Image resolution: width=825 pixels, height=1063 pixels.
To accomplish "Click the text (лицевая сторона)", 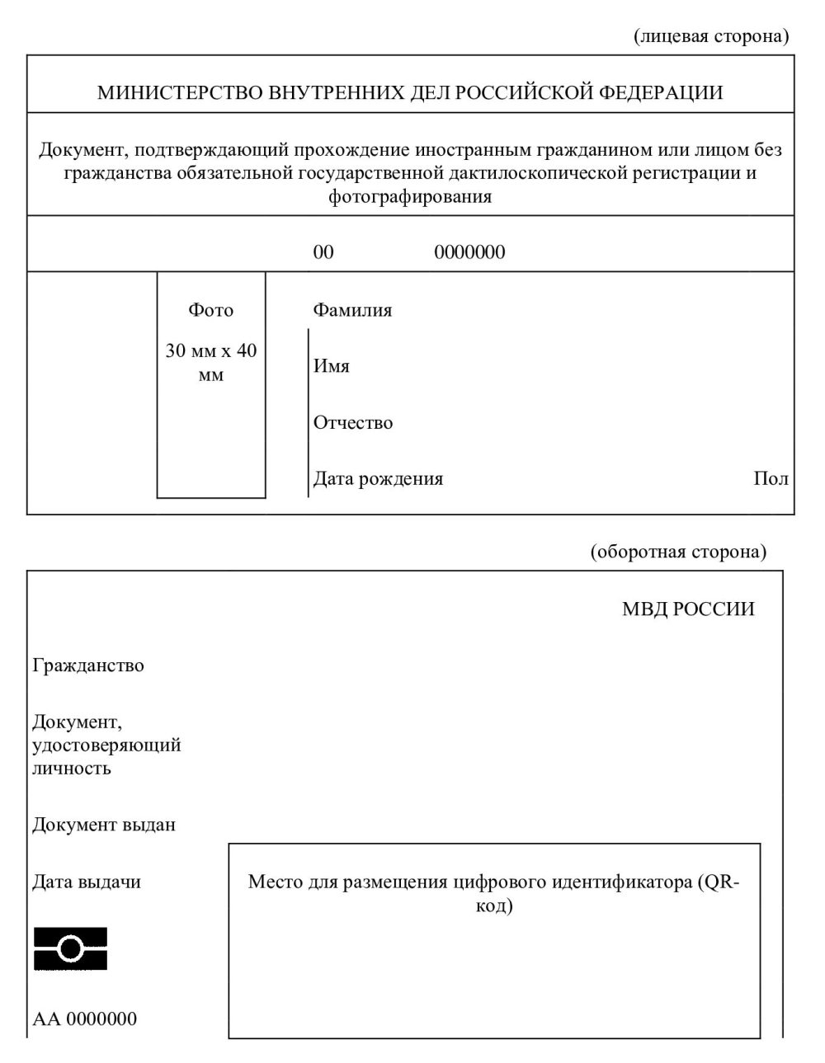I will pyautogui.click(x=711, y=35).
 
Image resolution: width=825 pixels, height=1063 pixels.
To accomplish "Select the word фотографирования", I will pyautogui.click(x=410, y=197).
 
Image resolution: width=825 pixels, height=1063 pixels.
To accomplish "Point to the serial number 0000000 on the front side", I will pyautogui.click(x=469, y=252).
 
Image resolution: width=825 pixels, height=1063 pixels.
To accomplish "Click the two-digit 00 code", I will pyautogui.click(x=323, y=252).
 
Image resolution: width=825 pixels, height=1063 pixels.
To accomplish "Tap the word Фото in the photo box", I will pyautogui.click(x=211, y=310).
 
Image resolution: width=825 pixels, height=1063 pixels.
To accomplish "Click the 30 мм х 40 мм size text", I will pyautogui.click(x=211, y=363).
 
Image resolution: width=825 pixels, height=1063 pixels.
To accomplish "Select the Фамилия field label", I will pyautogui.click(x=352, y=310).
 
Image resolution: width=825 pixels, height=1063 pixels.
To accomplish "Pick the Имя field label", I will pyautogui.click(x=331, y=366).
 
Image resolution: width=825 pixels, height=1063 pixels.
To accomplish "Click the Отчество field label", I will pyautogui.click(x=353, y=423).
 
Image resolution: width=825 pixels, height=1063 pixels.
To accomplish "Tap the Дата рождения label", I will pyautogui.click(x=378, y=479).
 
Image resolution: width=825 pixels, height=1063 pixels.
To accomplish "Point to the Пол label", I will pyautogui.click(x=771, y=479).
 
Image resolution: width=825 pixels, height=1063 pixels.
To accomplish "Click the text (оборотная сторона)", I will pyautogui.click(x=678, y=552).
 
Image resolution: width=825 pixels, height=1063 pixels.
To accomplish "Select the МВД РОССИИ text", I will pyautogui.click(x=688, y=609).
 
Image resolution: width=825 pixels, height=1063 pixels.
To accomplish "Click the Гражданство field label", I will pyautogui.click(x=88, y=666).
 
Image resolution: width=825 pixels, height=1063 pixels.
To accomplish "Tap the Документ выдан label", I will pyautogui.click(x=104, y=825).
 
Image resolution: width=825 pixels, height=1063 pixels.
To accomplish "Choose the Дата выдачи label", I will pyautogui.click(x=87, y=882).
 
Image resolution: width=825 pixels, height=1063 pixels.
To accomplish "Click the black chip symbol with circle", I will pyautogui.click(x=71, y=948).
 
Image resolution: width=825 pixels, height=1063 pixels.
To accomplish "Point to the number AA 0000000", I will pyautogui.click(x=85, y=1019).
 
